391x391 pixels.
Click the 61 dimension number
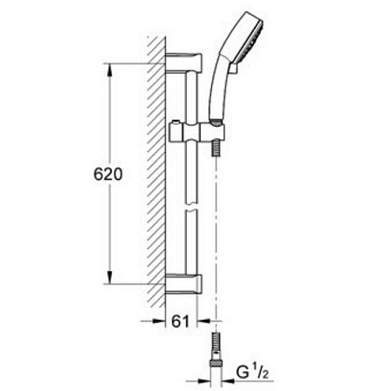pyautogui.click(x=180, y=321)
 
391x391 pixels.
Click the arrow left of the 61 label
pyautogui.click(x=158, y=321)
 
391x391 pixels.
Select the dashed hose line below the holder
pyautogui.click(x=214, y=243)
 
